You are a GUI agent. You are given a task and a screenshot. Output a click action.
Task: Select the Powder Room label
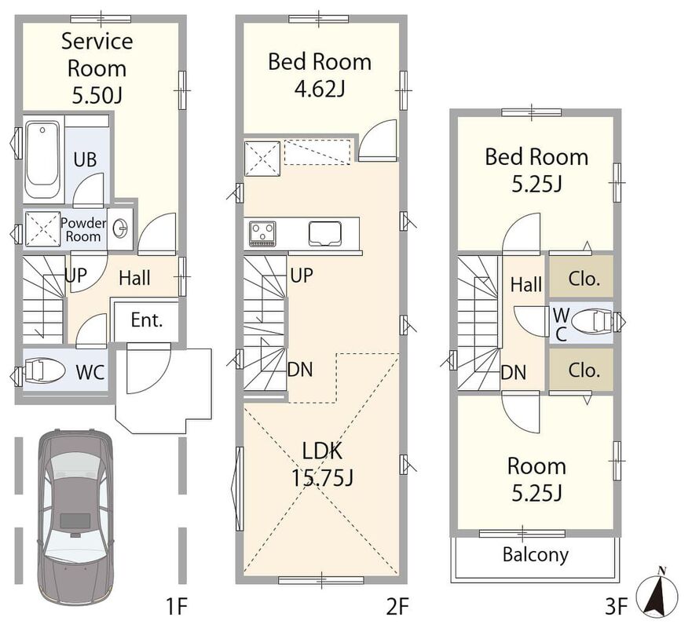pyautogui.click(x=83, y=229)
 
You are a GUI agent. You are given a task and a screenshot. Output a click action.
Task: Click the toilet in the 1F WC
pyautogui.click(x=44, y=370)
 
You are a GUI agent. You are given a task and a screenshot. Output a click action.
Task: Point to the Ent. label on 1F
pyautogui.click(x=147, y=320)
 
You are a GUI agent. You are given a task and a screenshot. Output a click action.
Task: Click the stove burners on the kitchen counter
pyautogui.click(x=262, y=233)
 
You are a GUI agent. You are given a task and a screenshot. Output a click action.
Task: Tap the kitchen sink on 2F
pyautogui.click(x=325, y=233)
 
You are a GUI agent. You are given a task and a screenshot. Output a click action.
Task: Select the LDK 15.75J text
pyautogui.click(x=322, y=464)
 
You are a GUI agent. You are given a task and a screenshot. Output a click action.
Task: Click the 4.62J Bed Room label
pyautogui.click(x=320, y=75)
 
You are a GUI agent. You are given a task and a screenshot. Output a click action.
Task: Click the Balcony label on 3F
pyautogui.click(x=536, y=554)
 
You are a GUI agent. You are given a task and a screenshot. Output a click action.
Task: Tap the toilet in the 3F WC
pyautogui.click(x=594, y=321)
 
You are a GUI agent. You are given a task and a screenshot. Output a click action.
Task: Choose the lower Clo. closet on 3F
pyautogui.click(x=581, y=370)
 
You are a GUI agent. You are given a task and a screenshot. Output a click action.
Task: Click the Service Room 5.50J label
pyautogui.click(x=97, y=68)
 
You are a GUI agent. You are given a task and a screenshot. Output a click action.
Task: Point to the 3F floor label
pyautogui.click(x=616, y=608)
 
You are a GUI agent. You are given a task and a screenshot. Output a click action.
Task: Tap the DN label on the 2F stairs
pyautogui.click(x=300, y=370)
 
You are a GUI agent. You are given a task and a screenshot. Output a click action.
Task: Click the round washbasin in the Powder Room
pyautogui.click(x=119, y=228)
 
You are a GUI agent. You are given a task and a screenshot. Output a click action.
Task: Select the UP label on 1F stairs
pyautogui.click(x=76, y=276)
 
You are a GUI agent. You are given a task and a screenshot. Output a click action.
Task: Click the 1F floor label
pyautogui.click(x=177, y=608)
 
